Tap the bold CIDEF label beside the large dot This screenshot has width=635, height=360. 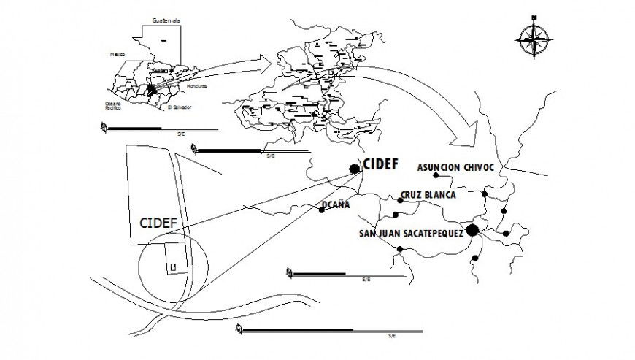click(380, 164)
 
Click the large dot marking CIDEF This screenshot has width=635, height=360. click(355, 169)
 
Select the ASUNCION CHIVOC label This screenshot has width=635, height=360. click(455, 167)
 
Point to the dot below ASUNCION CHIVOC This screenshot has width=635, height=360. click(436, 176)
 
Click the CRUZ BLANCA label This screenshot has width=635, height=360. click(428, 196)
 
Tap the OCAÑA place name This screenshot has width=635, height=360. click(336, 204)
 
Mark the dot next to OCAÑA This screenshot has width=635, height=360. click(322, 210)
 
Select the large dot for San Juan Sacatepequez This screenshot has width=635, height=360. click(472, 231)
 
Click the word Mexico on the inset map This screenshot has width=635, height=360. click(118, 54)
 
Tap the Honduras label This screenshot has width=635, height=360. click(197, 86)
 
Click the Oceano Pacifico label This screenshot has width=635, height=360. click(113, 106)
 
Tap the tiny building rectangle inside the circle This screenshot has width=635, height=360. click(172, 267)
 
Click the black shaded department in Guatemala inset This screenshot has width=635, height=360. click(152, 89)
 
